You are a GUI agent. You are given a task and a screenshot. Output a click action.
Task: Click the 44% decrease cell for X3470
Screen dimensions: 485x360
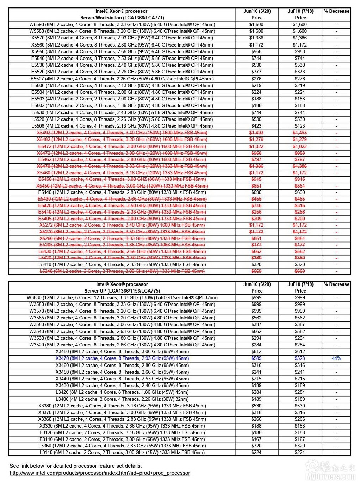coord(336,358)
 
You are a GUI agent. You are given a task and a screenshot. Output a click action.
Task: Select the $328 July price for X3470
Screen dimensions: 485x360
coord(300,358)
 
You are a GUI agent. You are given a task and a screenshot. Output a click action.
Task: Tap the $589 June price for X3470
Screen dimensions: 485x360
coord(256,358)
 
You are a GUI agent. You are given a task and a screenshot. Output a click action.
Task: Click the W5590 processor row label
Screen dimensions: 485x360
coord(122,25)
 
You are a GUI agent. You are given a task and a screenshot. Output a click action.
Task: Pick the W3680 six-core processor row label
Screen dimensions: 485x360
coord(122,297)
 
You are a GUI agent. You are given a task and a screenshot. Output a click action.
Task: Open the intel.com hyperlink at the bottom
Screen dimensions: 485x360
coord(100,473)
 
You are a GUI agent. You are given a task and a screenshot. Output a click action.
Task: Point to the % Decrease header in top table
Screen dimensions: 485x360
coord(336,11)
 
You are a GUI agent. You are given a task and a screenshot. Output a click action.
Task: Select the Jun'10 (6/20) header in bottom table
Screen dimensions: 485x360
coord(257,284)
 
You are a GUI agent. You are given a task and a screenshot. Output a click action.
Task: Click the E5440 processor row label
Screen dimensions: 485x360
coord(122,192)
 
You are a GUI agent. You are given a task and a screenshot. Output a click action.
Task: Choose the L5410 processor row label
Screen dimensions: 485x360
coord(122,264)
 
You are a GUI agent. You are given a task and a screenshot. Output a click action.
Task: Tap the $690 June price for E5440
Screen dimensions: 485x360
coord(256,192)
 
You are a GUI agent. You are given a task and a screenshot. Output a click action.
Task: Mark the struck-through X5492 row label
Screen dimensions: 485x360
coord(122,133)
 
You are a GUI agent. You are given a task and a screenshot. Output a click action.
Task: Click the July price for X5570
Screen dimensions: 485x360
coord(300,38)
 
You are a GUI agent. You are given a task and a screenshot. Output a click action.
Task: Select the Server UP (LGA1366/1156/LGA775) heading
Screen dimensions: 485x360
coord(122,291)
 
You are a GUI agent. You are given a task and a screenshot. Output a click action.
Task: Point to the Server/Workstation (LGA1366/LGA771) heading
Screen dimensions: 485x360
coord(122,18)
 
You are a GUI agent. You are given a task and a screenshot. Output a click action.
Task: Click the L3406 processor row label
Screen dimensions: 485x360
coord(122,399)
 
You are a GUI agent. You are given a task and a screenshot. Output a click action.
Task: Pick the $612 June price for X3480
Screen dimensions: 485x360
coord(256,351)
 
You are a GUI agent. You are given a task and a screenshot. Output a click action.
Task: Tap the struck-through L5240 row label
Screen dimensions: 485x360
coord(122,271)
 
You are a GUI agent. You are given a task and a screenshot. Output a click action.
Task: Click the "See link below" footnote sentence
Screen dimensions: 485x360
coord(75,466)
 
